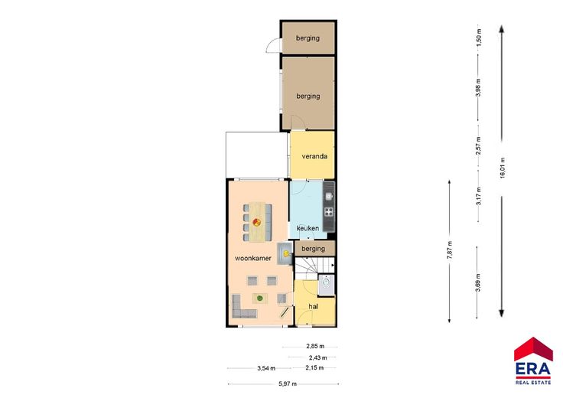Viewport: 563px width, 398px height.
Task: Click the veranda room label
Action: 314,156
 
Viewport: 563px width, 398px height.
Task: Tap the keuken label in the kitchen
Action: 308,228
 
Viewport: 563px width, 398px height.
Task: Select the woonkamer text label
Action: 253,258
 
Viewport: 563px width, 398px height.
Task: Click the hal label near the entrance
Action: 314,306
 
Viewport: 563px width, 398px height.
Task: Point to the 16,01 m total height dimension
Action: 503,168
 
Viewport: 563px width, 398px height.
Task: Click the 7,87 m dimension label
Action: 450,250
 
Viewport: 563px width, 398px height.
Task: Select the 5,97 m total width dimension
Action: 288,383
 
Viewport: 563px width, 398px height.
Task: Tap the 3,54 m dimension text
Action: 266,368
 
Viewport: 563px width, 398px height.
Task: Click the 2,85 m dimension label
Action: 315,346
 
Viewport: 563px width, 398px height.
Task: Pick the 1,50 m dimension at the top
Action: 478,35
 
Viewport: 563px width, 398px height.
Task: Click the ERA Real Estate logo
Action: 533,360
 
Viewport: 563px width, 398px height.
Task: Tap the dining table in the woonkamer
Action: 260,222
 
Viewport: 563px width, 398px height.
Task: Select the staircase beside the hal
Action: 314,269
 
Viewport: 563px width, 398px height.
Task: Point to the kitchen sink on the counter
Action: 328,196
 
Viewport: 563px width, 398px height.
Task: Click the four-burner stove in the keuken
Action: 328,212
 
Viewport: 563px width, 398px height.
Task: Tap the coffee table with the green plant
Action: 260,298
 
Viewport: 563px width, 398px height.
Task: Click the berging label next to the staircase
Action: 313,249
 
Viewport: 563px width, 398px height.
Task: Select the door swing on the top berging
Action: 273,46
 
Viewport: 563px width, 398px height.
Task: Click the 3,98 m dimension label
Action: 478,87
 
